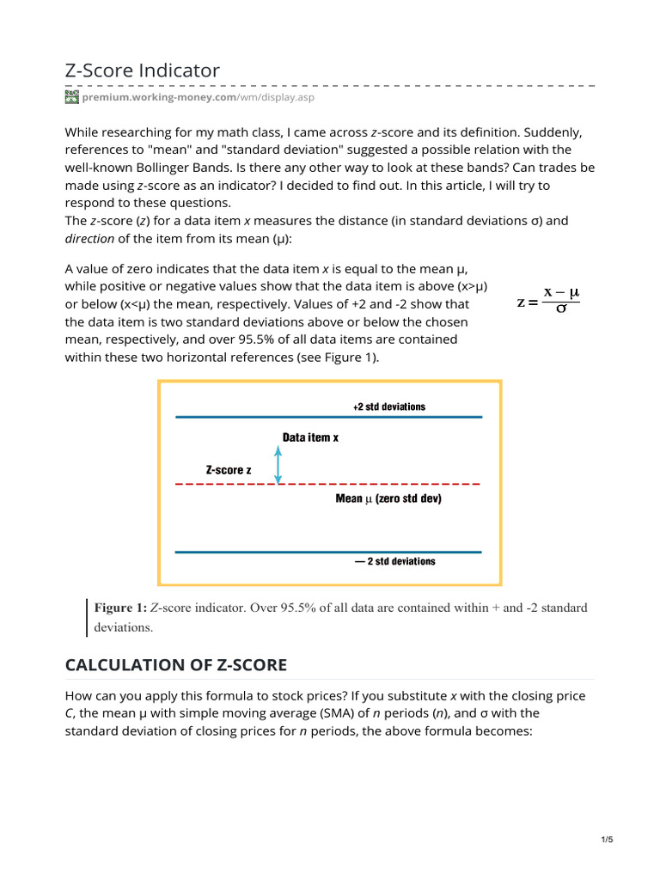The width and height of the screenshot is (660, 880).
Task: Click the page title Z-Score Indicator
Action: point(143,70)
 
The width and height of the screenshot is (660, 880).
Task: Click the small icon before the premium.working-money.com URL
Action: point(72,98)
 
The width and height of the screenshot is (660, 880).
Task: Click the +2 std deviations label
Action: point(388,406)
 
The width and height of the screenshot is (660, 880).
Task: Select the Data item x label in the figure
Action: point(310,437)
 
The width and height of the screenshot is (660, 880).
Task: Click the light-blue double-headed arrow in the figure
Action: point(278,467)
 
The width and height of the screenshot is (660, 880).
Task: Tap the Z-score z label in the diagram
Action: point(229,470)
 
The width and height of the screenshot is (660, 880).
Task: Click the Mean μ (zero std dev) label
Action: point(388,498)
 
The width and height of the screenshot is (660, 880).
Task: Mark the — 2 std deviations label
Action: point(394,561)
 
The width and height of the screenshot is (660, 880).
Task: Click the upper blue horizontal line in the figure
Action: point(329,418)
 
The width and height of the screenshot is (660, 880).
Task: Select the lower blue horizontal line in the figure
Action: point(329,552)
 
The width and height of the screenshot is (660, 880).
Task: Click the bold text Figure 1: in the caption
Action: point(120,608)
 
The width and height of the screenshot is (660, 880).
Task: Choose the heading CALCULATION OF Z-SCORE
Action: point(176,664)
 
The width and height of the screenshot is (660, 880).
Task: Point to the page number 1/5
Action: point(607,840)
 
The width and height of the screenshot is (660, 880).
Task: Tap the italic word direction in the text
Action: point(90,237)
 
